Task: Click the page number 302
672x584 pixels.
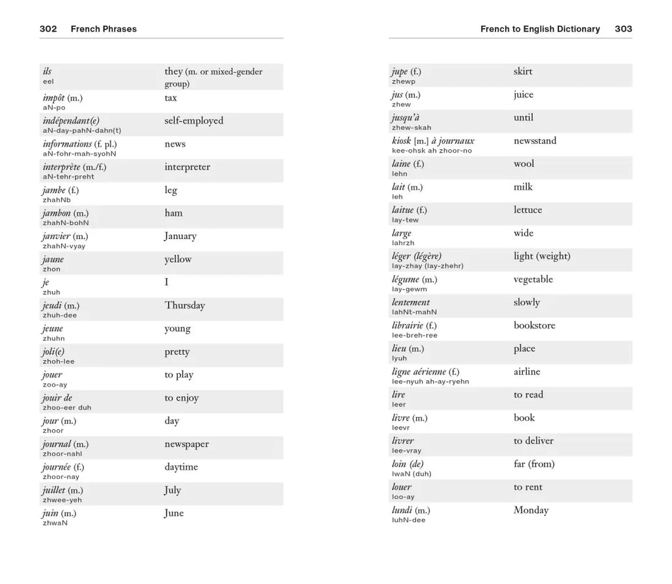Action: click(48, 29)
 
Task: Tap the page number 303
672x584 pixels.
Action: click(623, 29)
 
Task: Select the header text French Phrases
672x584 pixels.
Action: click(104, 29)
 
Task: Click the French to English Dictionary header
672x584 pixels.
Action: click(540, 29)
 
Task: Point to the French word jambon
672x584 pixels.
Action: click(56, 213)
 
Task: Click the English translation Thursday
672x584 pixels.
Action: click(184, 305)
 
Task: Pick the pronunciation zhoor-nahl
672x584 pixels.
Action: click(62, 454)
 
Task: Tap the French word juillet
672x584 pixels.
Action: click(53, 490)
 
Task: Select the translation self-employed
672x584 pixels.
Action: click(194, 121)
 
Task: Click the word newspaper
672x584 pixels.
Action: click(186, 444)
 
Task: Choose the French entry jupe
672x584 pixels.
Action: click(399, 72)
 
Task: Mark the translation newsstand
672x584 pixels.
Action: click(535, 141)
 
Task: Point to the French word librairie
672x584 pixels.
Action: click(408, 325)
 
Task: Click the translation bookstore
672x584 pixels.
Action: click(534, 325)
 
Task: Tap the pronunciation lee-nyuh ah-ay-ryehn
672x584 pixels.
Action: click(430, 382)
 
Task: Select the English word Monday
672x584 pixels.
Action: click(531, 510)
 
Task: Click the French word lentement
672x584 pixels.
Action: click(411, 302)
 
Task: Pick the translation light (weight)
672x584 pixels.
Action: click(542, 256)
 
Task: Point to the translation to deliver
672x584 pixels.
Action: click(534, 441)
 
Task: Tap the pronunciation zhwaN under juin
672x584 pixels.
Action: click(55, 523)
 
